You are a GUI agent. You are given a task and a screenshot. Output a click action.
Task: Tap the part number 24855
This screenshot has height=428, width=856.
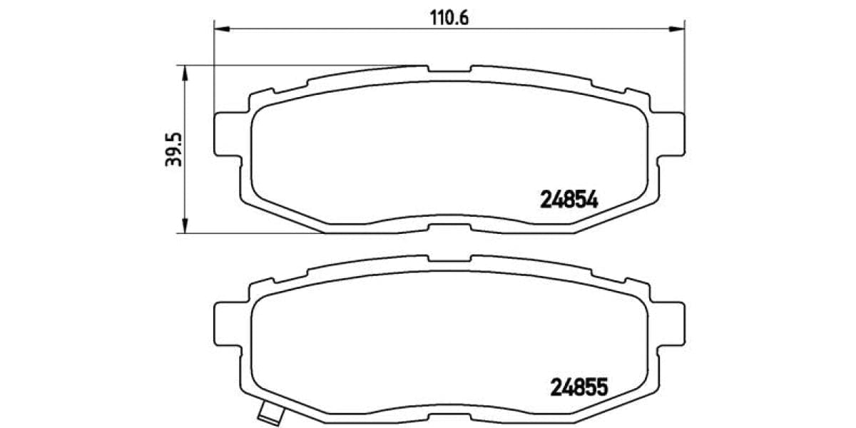tap(578, 387)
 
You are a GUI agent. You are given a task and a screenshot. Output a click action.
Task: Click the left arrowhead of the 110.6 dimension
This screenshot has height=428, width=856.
tap(221, 29)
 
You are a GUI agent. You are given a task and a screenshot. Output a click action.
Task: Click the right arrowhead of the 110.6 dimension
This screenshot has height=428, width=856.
tap(677, 29)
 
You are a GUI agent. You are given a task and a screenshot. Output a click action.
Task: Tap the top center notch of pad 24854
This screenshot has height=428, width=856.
tap(449, 71)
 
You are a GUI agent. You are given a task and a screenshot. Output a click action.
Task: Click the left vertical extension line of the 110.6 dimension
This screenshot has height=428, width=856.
tap(214, 71)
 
